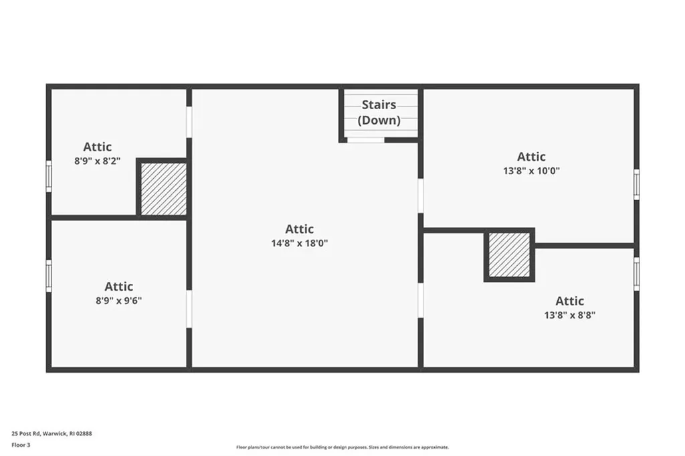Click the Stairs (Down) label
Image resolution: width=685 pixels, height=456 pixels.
point(379,112)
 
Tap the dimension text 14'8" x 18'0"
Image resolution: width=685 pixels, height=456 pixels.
point(300,243)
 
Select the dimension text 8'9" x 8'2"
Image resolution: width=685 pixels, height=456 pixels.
point(98,161)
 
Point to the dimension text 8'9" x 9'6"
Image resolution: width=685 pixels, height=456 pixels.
point(119,301)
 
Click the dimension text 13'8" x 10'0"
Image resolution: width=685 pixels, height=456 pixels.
point(531,171)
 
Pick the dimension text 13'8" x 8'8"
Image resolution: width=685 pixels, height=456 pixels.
point(570,315)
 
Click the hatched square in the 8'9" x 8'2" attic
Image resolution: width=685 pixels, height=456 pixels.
point(164,189)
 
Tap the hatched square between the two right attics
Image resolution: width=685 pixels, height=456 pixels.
point(509,254)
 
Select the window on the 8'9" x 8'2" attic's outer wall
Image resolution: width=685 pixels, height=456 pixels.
point(48,176)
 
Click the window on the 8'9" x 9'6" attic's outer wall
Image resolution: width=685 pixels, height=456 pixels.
point(48,276)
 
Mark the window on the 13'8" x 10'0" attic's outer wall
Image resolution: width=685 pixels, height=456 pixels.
point(637,185)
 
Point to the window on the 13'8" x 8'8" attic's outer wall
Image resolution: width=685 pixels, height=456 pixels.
point(637,274)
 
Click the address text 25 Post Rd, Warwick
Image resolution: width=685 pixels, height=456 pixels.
point(39,434)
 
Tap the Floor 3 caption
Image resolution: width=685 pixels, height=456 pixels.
point(21,445)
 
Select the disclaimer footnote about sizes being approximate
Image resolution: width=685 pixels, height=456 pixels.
point(342,447)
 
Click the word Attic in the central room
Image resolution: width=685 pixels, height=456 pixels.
point(300,229)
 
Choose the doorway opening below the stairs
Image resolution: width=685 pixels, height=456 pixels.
point(366,141)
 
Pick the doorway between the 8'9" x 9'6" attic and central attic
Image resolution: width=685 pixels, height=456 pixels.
point(189,309)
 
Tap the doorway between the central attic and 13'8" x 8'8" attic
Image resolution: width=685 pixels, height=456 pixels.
point(421,301)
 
